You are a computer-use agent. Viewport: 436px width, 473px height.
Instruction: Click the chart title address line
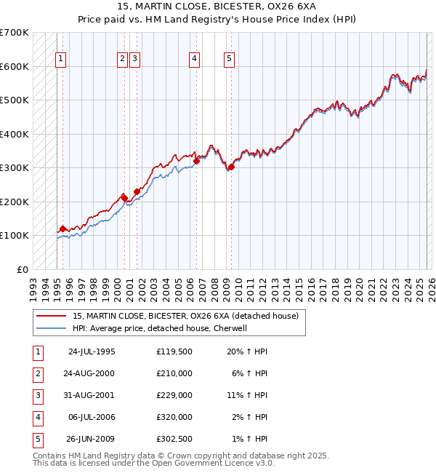tap(218, 6)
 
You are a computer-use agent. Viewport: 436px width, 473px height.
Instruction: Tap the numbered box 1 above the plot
tap(60, 60)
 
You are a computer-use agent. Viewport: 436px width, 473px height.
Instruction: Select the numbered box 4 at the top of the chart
tap(195, 60)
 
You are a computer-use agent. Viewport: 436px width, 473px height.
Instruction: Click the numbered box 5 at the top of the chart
tap(229, 60)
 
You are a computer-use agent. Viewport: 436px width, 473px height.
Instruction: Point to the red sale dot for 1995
tap(63, 228)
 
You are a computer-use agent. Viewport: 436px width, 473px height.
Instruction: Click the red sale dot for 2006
tap(196, 161)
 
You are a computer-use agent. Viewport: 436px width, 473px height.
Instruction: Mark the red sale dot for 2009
tap(231, 167)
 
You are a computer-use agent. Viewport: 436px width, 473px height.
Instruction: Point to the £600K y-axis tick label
tap(15, 66)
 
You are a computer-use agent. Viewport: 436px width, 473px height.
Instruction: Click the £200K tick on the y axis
tap(15, 202)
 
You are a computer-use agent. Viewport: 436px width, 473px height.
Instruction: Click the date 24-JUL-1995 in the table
tap(91, 351)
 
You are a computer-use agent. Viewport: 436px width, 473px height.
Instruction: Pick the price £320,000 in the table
tap(174, 418)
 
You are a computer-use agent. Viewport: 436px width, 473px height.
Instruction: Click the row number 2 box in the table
tap(36, 373)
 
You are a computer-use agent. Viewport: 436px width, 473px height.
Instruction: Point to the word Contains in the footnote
tap(50, 456)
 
